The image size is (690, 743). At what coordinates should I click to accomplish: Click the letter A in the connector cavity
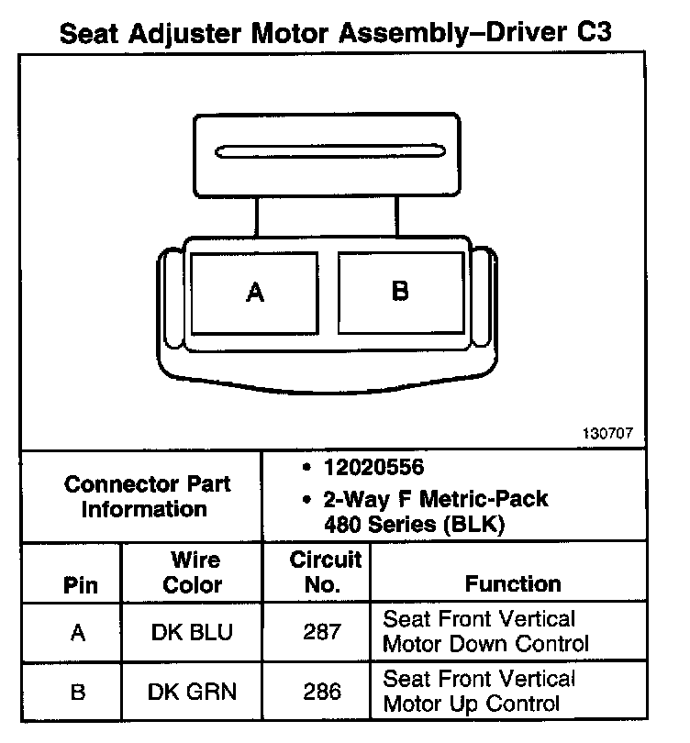click(x=256, y=293)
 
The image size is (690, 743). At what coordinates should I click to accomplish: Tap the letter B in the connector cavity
click(x=400, y=291)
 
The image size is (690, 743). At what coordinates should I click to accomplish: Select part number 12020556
click(x=373, y=468)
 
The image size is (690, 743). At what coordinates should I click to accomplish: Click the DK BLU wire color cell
click(x=192, y=632)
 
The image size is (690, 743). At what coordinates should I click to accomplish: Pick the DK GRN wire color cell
click(x=192, y=692)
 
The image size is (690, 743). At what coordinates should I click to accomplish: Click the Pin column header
click(x=78, y=584)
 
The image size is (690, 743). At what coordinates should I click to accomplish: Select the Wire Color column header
click(x=192, y=571)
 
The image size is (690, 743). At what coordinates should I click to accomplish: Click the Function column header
click(x=513, y=584)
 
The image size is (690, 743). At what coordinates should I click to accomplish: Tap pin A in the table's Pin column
click(x=78, y=632)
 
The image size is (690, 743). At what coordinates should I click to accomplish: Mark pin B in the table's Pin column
click(x=78, y=692)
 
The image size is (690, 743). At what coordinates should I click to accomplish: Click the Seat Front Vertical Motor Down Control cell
click(x=485, y=630)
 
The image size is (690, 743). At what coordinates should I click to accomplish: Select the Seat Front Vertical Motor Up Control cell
click(x=479, y=691)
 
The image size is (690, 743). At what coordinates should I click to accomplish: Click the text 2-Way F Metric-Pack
click(x=435, y=501)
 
